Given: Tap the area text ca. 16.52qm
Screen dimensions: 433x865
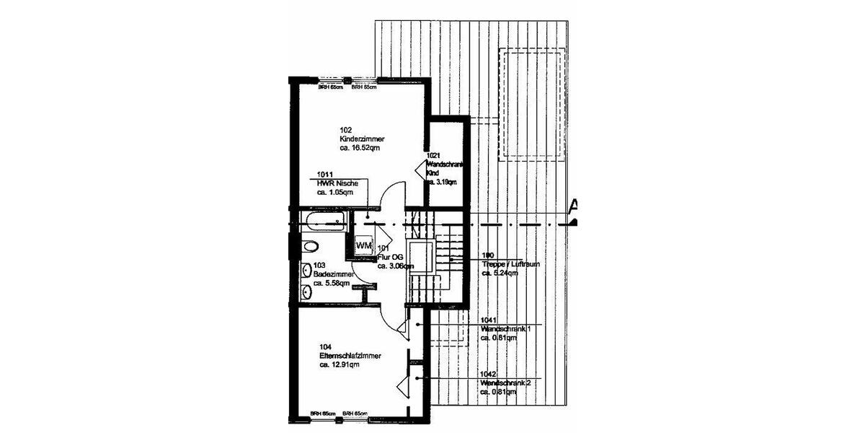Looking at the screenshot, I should [x=359, y=147].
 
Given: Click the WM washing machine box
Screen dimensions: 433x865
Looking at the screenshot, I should [x=363, y=245].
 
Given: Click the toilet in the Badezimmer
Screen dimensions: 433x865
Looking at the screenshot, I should [x=309, y=246].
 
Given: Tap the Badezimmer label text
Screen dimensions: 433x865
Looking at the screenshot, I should [x=332, y=274].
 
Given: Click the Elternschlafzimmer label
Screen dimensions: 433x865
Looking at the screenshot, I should [x=350, y=356].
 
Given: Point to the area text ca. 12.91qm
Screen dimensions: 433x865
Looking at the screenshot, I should [x=340, y=365].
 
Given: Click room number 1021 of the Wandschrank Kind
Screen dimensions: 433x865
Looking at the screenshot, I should [x=433, y=156].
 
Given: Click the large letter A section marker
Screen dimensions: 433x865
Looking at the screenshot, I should [x=574, y=208].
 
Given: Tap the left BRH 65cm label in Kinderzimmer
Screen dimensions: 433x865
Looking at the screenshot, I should [x=332, y=87].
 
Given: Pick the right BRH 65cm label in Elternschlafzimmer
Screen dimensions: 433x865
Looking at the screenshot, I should [x=355, y=414].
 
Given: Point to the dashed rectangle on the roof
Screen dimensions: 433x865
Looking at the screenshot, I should [x=533, y=105].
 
